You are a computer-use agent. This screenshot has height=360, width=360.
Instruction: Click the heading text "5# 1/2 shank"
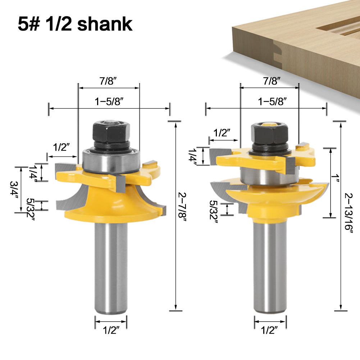[x=75, y=24]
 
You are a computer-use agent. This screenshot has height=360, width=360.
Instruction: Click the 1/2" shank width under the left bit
[x=111, y=330]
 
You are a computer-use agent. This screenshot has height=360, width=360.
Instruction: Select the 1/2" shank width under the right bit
[x=270, y=330]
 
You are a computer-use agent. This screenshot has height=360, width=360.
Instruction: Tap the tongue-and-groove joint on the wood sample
[x=277, y=54]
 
